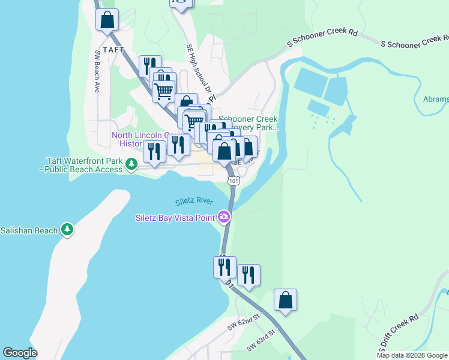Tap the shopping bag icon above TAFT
[107, 20]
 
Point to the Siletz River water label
[194, 201]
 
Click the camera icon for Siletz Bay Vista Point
[224, 217]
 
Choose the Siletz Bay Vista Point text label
[174, 217]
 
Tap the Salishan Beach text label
[29, 230]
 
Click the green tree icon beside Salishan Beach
[67, 230]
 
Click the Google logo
[20, 353]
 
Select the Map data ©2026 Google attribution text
[412, 355]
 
